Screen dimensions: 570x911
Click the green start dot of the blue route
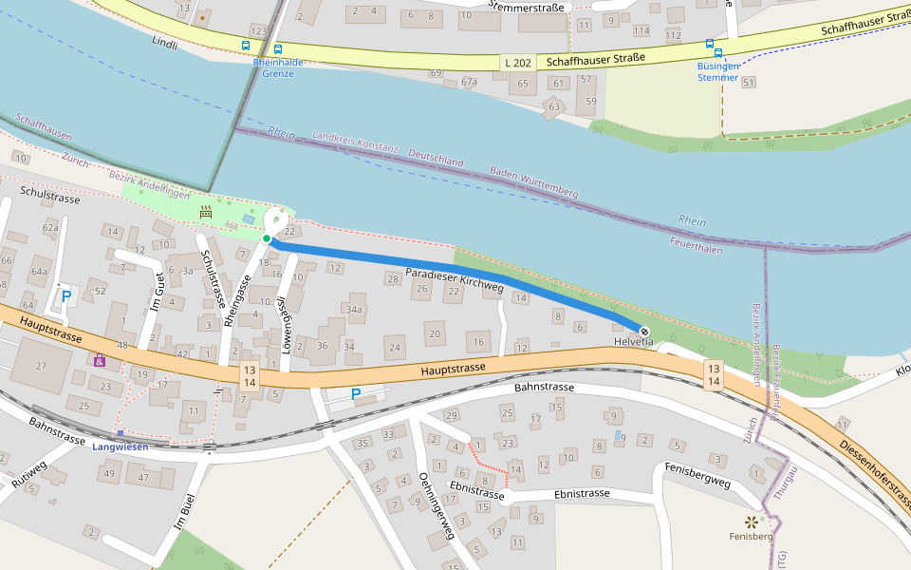pyautogui.click(x=268, y=238)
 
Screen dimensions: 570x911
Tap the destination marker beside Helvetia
pyautogui.click(x=644, y=331)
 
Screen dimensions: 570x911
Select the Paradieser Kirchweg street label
pyautogui.click(x=454, y=278)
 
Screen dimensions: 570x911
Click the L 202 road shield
pyautogui.click(x=518, y=62)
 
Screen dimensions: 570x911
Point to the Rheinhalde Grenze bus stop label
pyautogui.click(x=278, y=67)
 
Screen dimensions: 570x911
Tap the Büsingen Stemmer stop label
pyautogui.click(x=717, y=71)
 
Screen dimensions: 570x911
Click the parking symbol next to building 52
pyautogui.click(x=65, y=296)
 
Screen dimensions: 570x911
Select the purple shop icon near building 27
pyautogui.click(x=99, y=360)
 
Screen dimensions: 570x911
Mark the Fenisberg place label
pyautogui.click(x=751, y=537)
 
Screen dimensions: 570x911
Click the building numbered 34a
pyautogui.click(x=354, y=309)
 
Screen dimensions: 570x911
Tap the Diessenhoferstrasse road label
pyautogui.click(x=872, y=475)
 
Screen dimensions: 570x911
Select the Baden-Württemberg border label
pyautogui.click(x=533, y=182)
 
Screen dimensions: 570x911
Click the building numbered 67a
pyautogui.click(x=469, y=83)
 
